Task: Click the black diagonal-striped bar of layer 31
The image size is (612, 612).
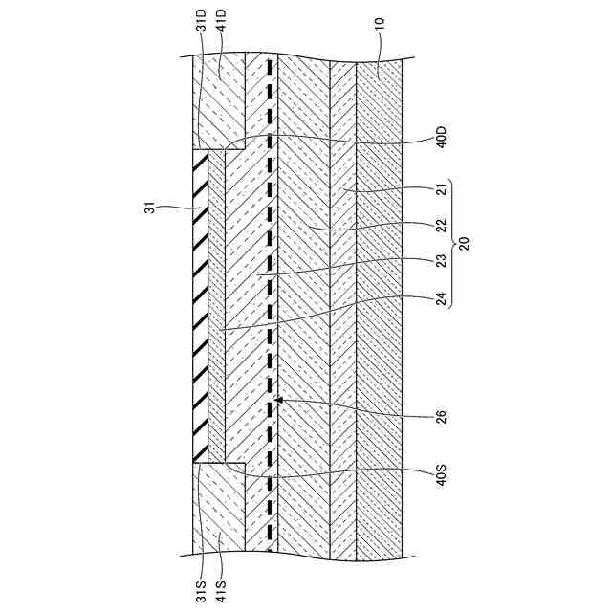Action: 200,306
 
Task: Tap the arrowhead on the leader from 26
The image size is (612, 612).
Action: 277,399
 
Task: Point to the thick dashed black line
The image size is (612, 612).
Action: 271,287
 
